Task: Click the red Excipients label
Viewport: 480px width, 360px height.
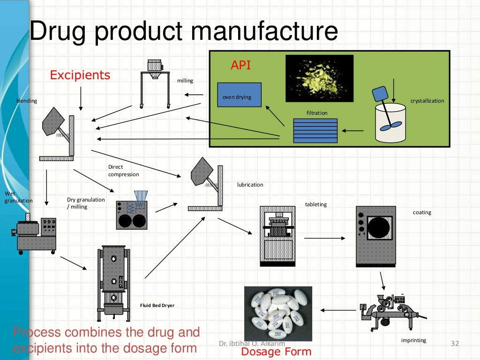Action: tap(80, 75)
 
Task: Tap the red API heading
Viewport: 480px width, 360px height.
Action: tap(240, 65)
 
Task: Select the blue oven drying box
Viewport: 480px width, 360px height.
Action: tap(239, 95)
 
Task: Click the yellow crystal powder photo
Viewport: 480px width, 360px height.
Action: tap(319, 78)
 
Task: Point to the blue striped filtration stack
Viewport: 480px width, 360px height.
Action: tap(315, 130)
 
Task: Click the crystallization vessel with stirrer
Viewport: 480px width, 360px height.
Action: tap(390, 117)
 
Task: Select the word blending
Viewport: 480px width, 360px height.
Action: tap(27, 101)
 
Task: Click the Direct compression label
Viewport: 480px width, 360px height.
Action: tap(123, 171)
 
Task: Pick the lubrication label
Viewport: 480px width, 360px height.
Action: tap(250, 185)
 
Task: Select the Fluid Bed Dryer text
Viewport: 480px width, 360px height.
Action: tap(157, 306)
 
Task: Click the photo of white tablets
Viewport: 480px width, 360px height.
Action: tap(278, 313)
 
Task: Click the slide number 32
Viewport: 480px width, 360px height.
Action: tap(454, 345)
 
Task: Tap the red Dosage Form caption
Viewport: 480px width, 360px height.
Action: tap(276, 352)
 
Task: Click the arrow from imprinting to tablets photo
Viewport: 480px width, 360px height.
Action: tap(338, 310)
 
